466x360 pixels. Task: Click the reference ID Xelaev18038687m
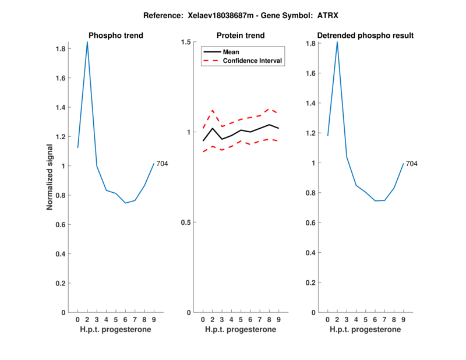coord(216,16)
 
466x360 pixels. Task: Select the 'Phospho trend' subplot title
coord(115,36)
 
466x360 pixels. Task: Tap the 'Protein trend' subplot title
coord(241,36)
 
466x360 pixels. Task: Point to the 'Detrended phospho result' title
coord(365,36)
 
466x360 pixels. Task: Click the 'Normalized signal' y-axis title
coord(50,177)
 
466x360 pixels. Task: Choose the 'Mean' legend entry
coord(231,52)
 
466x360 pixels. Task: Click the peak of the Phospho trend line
coord(87,42)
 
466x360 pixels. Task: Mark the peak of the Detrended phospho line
coord(337,42)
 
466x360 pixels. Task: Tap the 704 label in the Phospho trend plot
coord(162,164)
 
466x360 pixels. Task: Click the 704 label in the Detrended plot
coord(411,164)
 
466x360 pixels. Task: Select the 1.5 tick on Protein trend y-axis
coord(186,42)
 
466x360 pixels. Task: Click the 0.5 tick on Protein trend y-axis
coord(186,223)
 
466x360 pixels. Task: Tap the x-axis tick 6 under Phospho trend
coord(125,319)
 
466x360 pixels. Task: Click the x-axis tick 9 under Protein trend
coord(278,319)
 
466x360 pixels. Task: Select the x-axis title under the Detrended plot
coord(365,329)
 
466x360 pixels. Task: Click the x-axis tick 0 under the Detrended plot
coord(327,319)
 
